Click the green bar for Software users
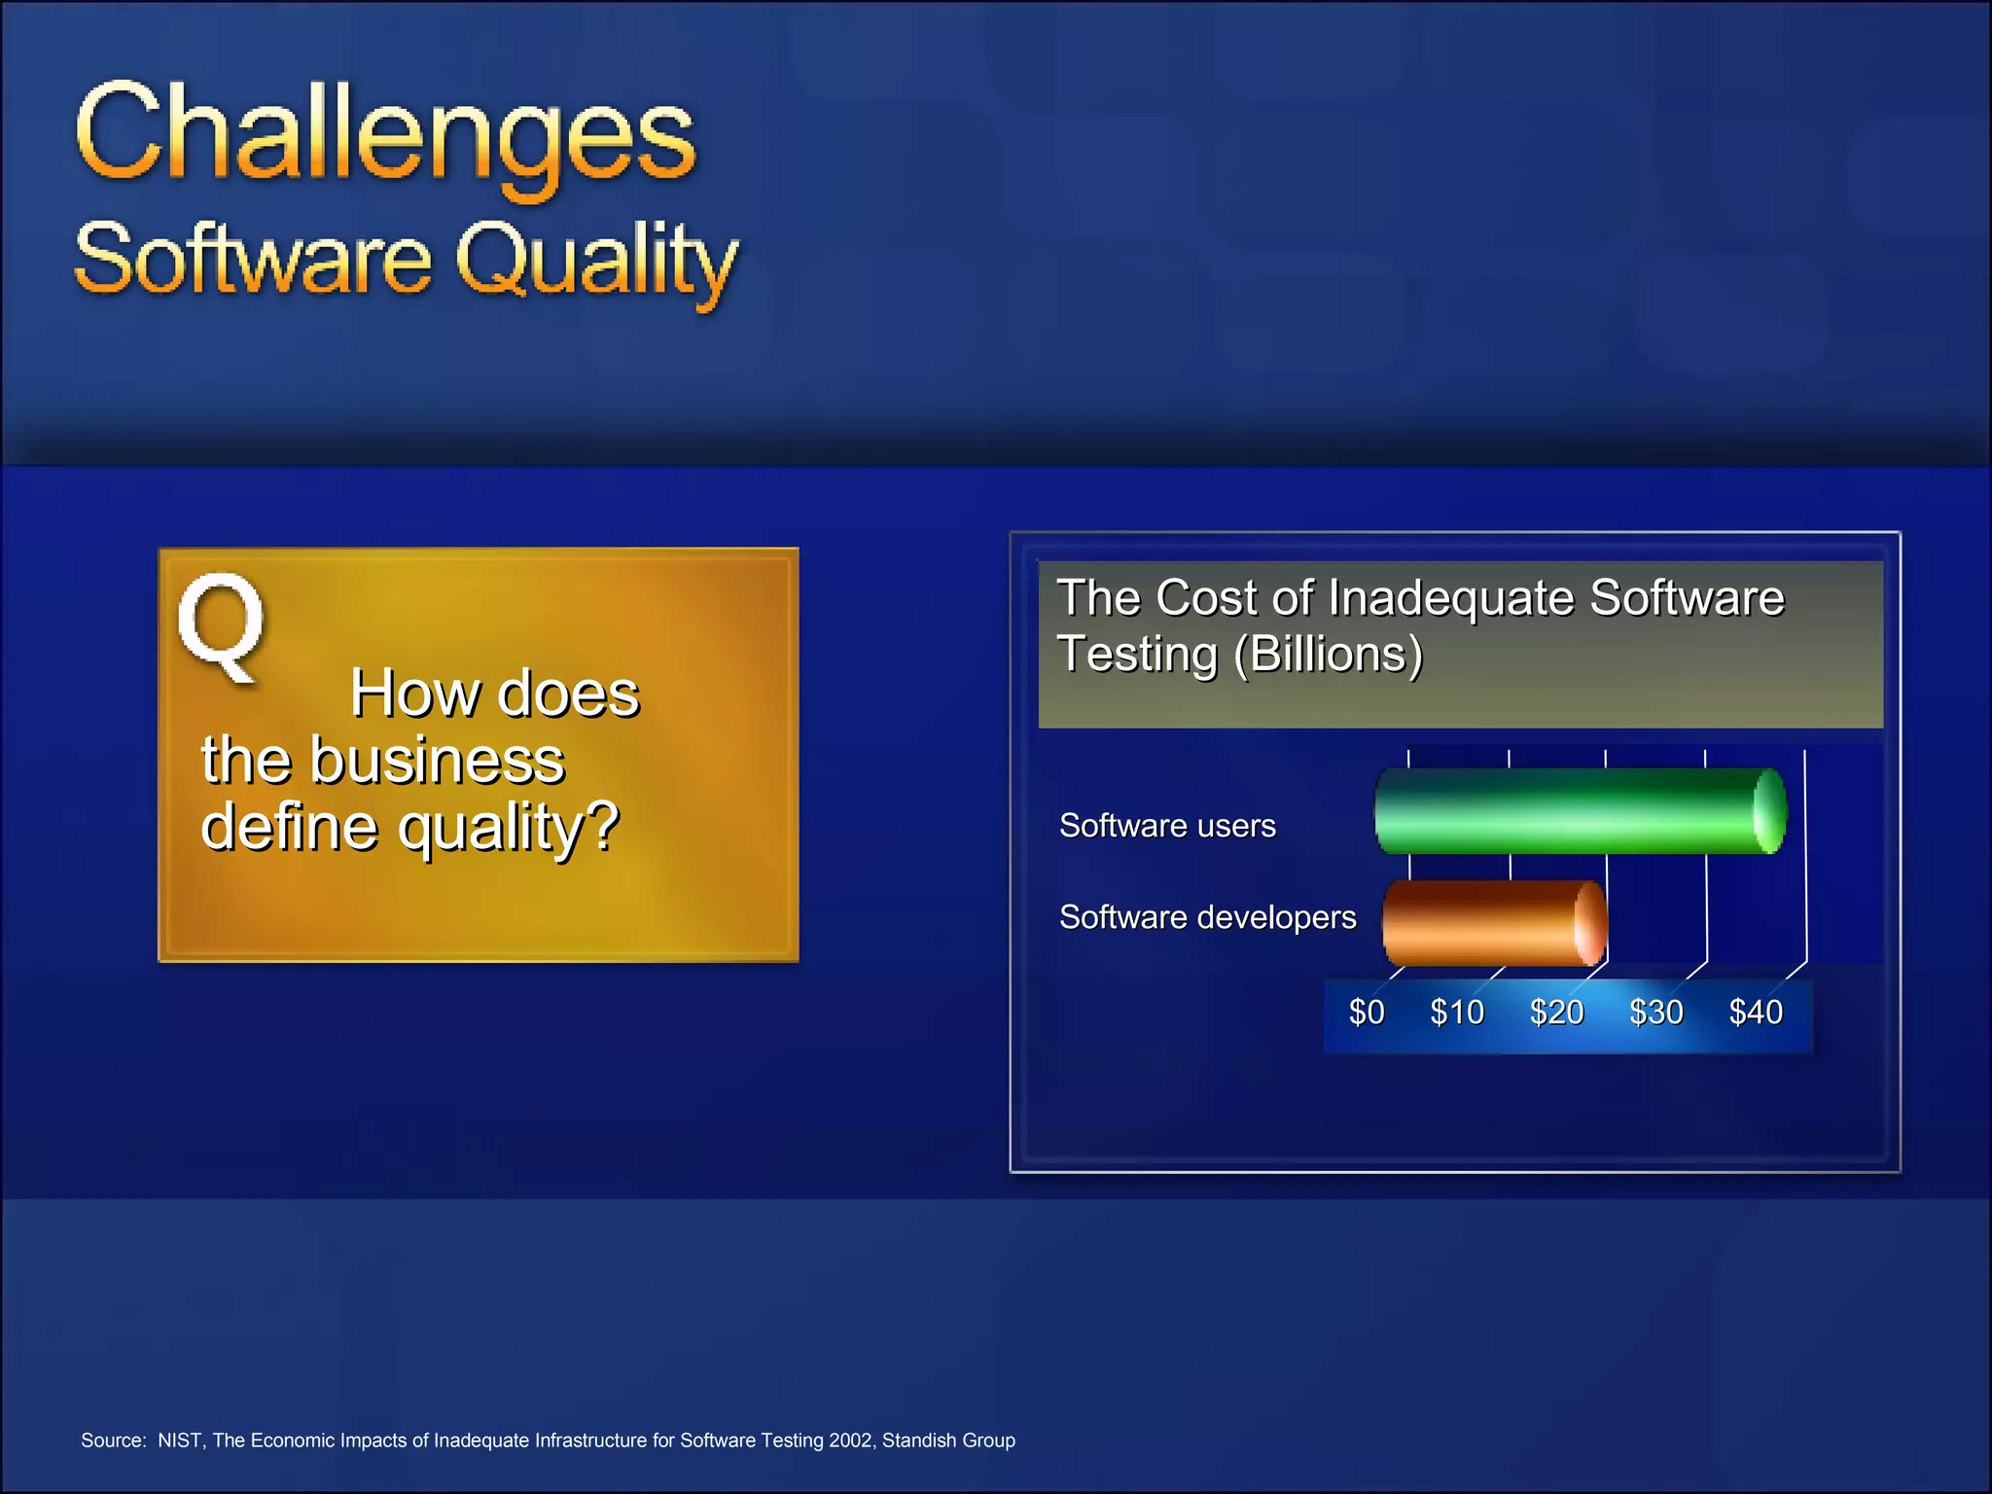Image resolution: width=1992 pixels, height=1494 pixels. point(1580,811)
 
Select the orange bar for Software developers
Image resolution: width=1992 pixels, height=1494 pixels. point(1493,922)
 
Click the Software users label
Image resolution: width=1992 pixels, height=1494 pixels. point(1167,826)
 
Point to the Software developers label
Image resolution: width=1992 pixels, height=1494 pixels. point(1207,917)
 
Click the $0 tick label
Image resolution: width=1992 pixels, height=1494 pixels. point(1366,1013)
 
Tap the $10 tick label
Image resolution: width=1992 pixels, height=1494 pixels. point(1457,1013)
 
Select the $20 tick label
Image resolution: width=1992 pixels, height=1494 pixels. point(1556,1013)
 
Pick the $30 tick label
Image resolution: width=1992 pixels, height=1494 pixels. point(1655,1013)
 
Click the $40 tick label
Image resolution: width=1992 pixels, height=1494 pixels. point(1756,1013)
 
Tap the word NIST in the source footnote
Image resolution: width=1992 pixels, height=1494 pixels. point(180,1441)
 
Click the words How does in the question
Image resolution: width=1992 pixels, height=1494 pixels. point(494,694)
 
